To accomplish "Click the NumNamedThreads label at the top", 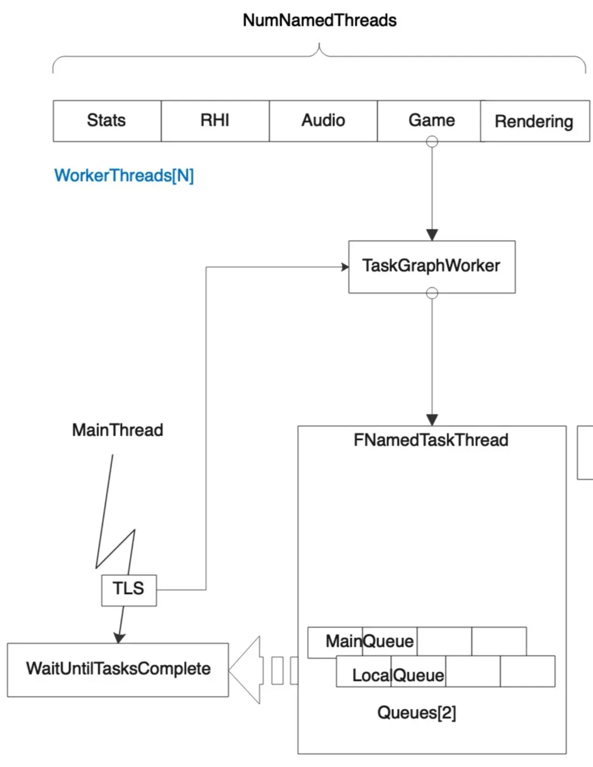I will coord(319,21).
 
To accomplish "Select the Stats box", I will coord(106,120).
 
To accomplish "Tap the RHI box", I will coord(215,120).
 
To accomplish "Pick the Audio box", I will coord(323,120).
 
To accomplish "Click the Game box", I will coord(431,120).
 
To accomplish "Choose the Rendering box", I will coord(534,122).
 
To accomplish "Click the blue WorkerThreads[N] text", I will coord(124,176).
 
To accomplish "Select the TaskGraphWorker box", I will coord(432,266).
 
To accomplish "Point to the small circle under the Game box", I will coord(432,142).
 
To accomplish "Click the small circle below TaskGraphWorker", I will coord(432,293).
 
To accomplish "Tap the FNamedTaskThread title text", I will coord(431,440).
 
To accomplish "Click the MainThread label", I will coord(118,430).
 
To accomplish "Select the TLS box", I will coord(129,589).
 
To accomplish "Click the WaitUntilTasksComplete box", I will coord(118,669).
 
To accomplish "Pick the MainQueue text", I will coord(369,642).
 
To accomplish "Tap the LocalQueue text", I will coord(398,675).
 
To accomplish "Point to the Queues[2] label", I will coord(416,713).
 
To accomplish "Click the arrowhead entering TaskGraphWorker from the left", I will coord(345,267).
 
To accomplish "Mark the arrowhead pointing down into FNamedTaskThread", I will coord(432,420).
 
